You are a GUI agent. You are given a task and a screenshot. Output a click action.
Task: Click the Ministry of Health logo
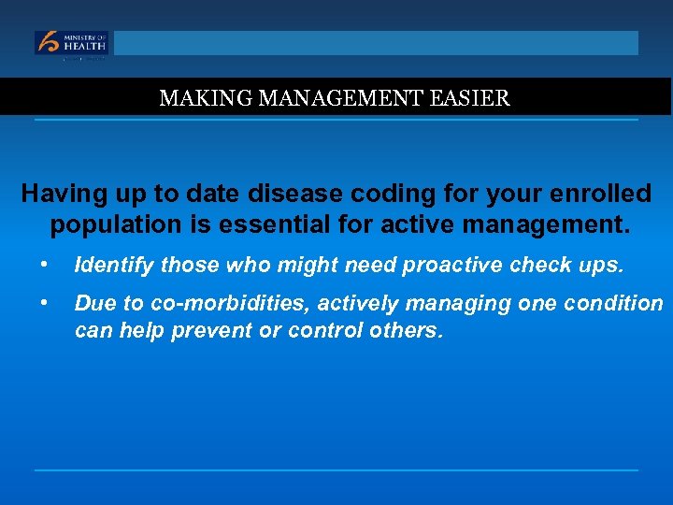[72, 43]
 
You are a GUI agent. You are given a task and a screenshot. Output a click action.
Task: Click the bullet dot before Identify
[44, 266]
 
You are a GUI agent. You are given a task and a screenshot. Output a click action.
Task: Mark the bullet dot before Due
[44, 303]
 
